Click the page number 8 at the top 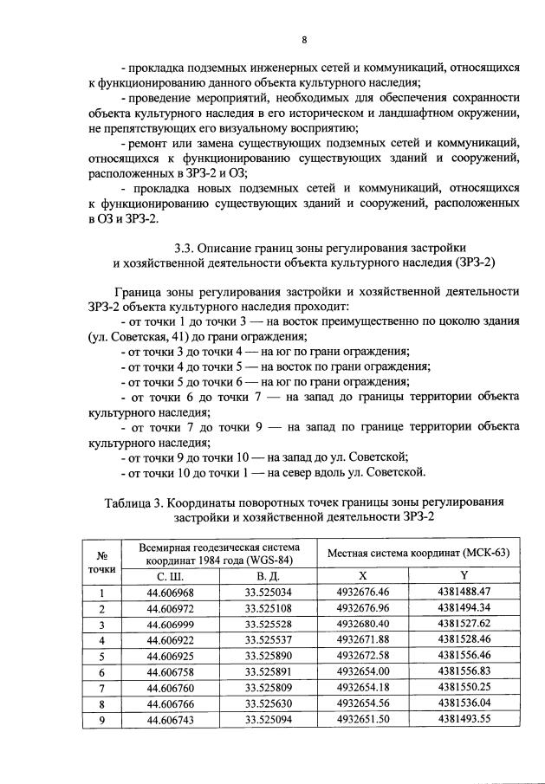(x=303, y=39)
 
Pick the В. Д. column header (x=268, y=575)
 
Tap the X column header (x=365, y=575)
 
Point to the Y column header (x=464, y=575)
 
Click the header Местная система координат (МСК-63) (x=415, y=552)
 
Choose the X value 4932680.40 (x=365, y=624)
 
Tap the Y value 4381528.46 (x=464, y=639)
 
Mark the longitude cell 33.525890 (x=268, y=655)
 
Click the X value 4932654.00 (x=365, y=671)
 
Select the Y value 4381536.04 (x=464, y=703)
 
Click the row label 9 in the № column (x=102, y=719)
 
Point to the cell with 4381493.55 (x=464, y=719)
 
